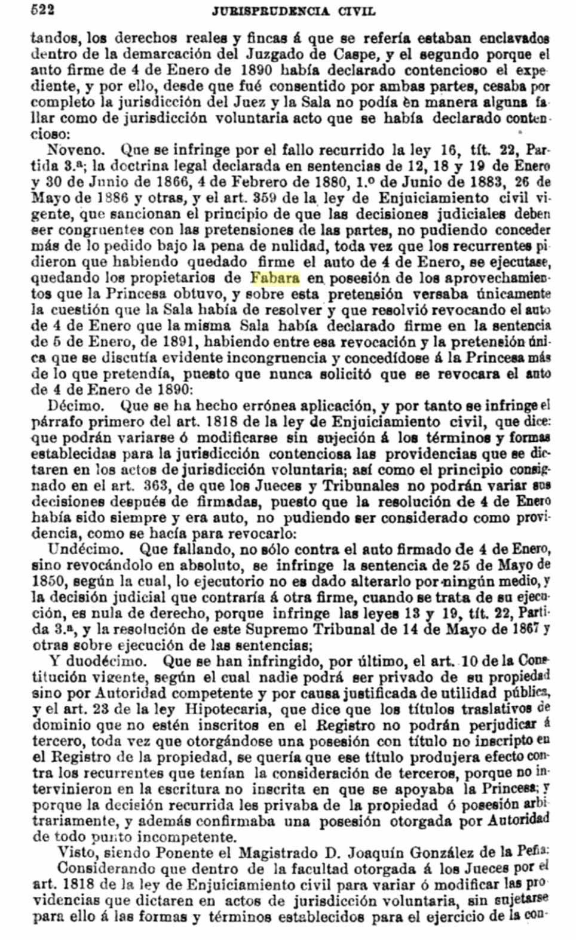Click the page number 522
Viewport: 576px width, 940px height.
pos(42,9)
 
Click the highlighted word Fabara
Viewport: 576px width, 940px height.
pos(275,277)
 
